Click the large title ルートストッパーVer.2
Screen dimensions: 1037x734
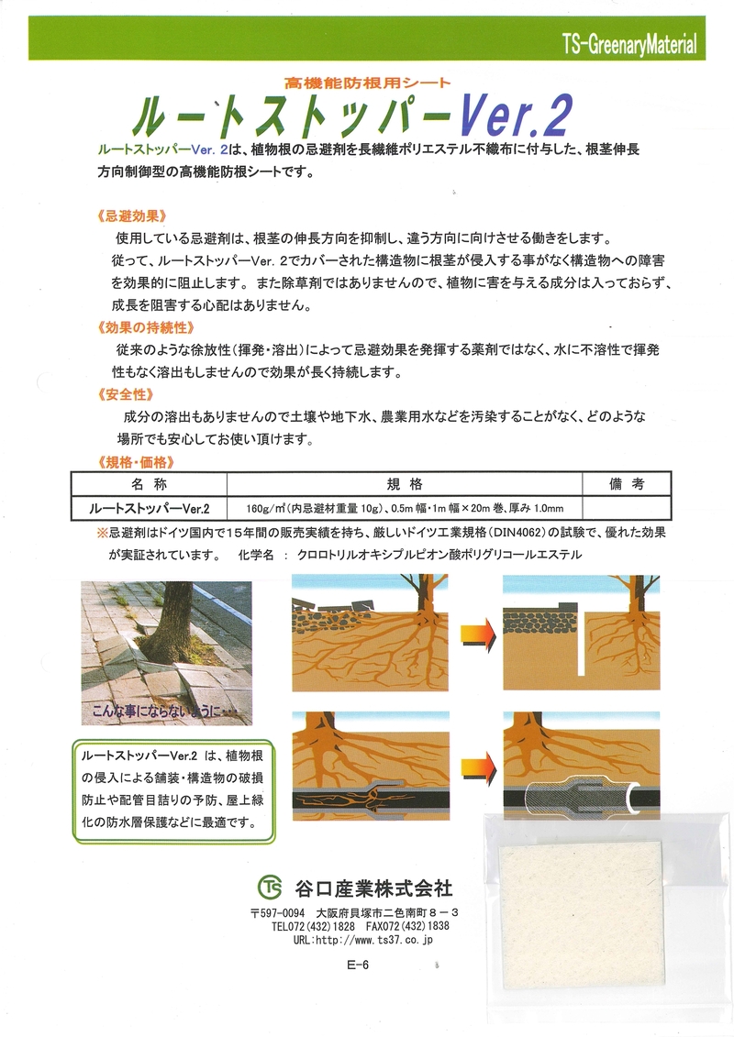click(x=352, y=116)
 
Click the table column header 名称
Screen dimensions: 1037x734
click(x=149, y=484)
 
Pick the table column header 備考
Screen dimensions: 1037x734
click(x=627, y=484)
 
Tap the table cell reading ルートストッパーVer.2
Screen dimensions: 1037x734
click(x=149, y=507)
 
